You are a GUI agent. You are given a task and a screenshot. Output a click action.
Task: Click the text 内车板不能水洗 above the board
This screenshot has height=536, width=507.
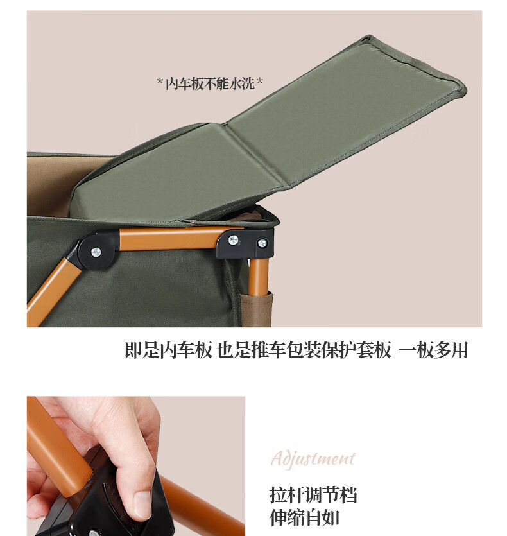click(211, 83)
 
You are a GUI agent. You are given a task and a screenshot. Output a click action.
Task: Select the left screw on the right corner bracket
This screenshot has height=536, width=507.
click(234, 241)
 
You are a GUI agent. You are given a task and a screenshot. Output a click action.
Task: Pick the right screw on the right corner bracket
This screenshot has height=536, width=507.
click(262, 243)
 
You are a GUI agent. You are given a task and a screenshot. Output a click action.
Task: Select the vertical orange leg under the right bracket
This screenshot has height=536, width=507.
click(258, 292)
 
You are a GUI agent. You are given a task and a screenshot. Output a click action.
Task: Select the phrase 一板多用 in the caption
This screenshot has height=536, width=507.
click(434, 350)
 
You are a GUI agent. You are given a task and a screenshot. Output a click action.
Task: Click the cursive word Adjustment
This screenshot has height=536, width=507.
click(313, 460)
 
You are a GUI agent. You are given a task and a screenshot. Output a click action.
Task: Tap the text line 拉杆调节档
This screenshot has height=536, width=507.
click(313, 495)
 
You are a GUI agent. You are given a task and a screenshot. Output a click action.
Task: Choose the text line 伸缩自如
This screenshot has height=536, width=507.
click(304, 517)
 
